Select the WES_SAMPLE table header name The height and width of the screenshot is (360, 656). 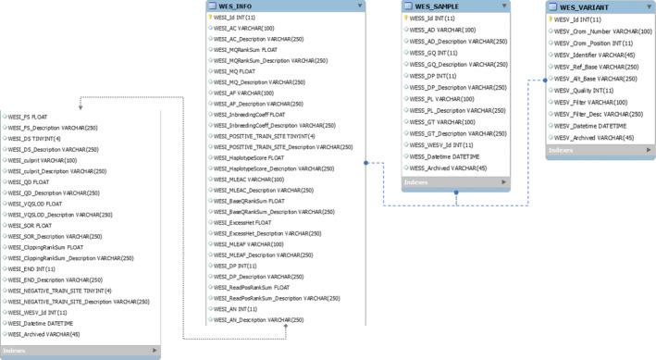pos(431,6)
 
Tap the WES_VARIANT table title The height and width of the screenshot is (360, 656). pos(582,6)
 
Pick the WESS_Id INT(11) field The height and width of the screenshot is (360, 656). pos(432,18)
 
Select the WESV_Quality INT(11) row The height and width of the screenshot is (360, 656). pos(580,91)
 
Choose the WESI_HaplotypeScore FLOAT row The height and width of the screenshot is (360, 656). pos(249,157)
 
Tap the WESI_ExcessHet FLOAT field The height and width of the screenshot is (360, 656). pos(242,222)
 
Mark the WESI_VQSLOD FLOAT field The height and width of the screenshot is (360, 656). pos(37,203)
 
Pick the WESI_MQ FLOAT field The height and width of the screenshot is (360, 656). pos(234,71)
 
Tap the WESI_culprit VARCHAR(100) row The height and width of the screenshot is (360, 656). pos(44,160)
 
